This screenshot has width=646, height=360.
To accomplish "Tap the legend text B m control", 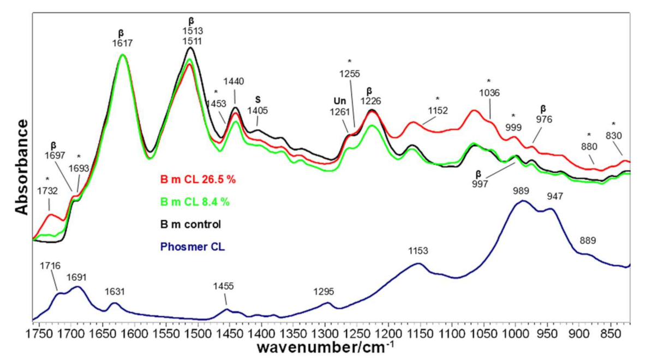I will (x=190, y=224).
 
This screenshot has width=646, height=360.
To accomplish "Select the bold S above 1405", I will (x=258, y=100).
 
